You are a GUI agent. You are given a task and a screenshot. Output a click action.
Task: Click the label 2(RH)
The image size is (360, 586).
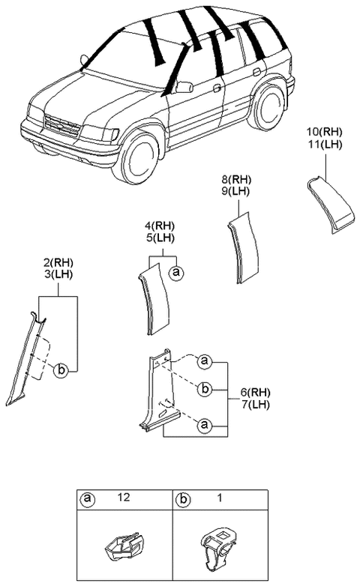click(58, 262)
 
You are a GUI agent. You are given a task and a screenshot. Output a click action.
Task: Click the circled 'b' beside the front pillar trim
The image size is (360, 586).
click(62, 369)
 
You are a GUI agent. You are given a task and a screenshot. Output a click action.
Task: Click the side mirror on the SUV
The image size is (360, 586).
click(183, 87)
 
